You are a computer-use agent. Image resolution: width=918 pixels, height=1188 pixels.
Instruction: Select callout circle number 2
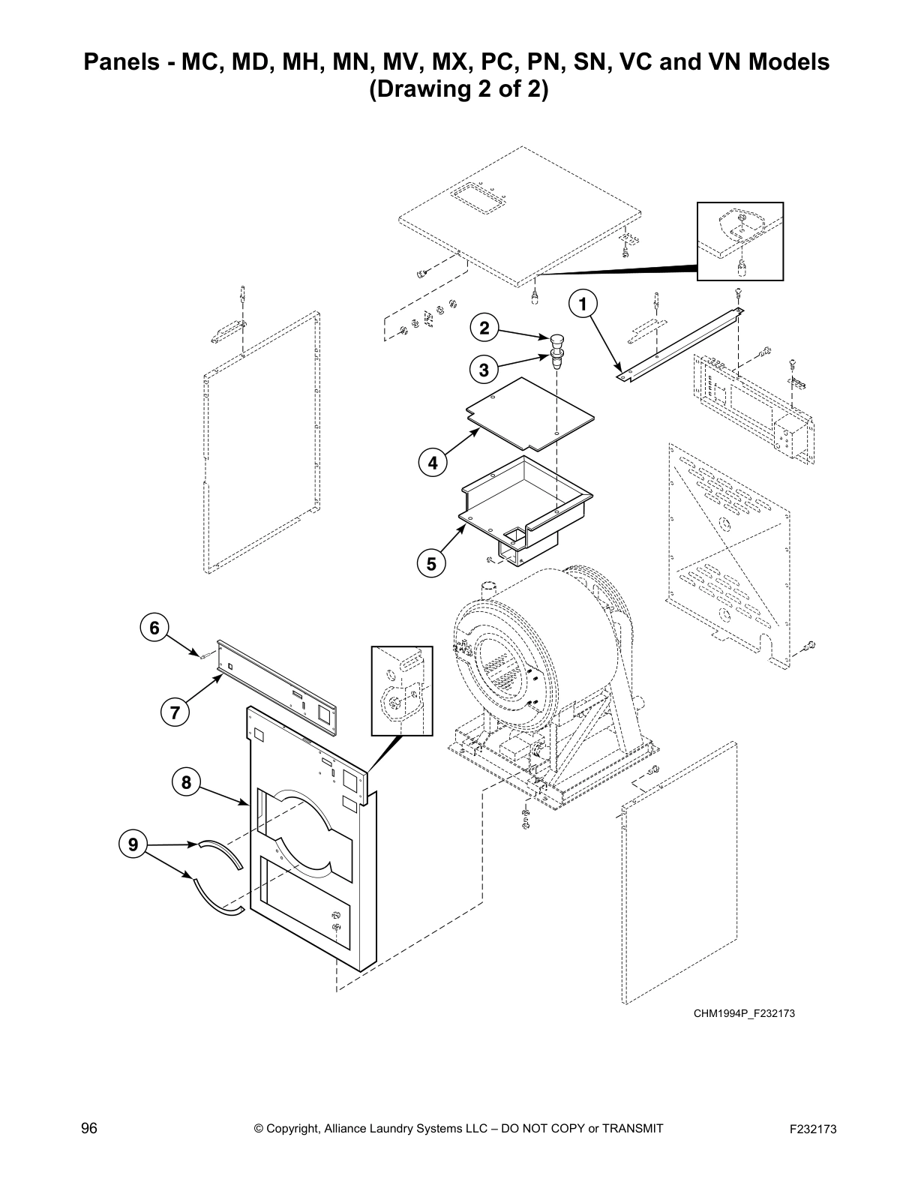pyautogui.click(x=484, y=328)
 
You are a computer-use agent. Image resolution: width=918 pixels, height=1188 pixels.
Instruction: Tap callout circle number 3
pyautogui.click(x=484, y=370)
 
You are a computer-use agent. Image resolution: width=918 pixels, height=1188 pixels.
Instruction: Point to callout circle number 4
pyautogui.click(x=433, y=463)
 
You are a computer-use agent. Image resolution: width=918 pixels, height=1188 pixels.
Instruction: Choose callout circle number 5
pyautogui.click(x=431, y=563)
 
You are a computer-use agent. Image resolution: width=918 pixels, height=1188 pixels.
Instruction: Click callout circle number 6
pyautogui.click(x=154, y=627)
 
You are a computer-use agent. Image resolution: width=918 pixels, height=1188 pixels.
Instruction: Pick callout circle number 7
pyautogui.click(x=175, y=712)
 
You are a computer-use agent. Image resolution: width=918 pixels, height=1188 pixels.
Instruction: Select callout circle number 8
pyautogui.click(x=186, y=783)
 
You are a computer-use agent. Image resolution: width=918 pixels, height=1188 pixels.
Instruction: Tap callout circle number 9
pyautogui.click(x=133, y=844)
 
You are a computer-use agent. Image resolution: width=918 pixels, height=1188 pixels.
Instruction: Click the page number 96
pyautogui.click(x=89, y=1128)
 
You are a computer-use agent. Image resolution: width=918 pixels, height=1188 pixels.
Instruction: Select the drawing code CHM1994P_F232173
pyautogui.click(x=743, y=1014)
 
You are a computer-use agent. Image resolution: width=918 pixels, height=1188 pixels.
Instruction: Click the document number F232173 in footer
pyautogui.click(x=812, y=1129)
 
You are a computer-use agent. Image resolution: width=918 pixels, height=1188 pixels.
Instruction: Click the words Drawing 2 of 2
pyautogui.click(x=458, y=90)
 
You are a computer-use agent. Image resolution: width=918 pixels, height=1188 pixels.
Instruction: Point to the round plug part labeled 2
pyautogui.click(x=556, y=338)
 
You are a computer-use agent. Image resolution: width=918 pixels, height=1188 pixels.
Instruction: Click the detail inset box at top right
pyautogui.click(x=739, y=241)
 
